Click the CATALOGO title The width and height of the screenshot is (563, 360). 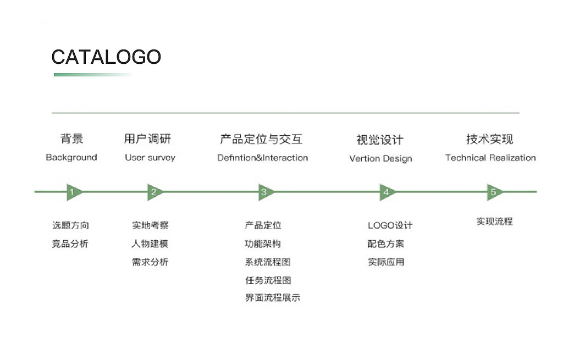[106, 57]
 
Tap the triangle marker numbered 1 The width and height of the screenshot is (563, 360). [73, 192]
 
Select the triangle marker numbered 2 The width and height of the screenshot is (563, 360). [154, 192]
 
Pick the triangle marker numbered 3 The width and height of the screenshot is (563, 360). [265, 192]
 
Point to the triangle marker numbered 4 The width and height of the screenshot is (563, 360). [387, 192]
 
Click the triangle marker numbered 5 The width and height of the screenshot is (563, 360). [494, 192]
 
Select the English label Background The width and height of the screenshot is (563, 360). [71, 158]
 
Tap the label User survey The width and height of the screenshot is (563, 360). [150, 158]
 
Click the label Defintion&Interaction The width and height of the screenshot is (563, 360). [262, 158]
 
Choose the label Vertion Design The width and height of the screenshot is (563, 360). [380, 159]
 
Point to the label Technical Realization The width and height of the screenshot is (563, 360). [490, 158]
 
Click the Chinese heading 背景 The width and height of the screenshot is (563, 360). [72, 139]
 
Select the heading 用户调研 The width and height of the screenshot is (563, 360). [147, 139]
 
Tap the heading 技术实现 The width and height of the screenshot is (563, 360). [489, 139]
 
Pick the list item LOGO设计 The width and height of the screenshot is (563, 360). [390, 225]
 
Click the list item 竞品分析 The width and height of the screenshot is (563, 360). [70, 243]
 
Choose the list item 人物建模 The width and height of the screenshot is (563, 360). [150, 243]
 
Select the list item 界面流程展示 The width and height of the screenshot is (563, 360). [273, 298]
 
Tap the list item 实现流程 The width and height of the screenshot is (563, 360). [494, 221]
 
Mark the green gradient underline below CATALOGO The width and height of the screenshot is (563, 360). [92, 75]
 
